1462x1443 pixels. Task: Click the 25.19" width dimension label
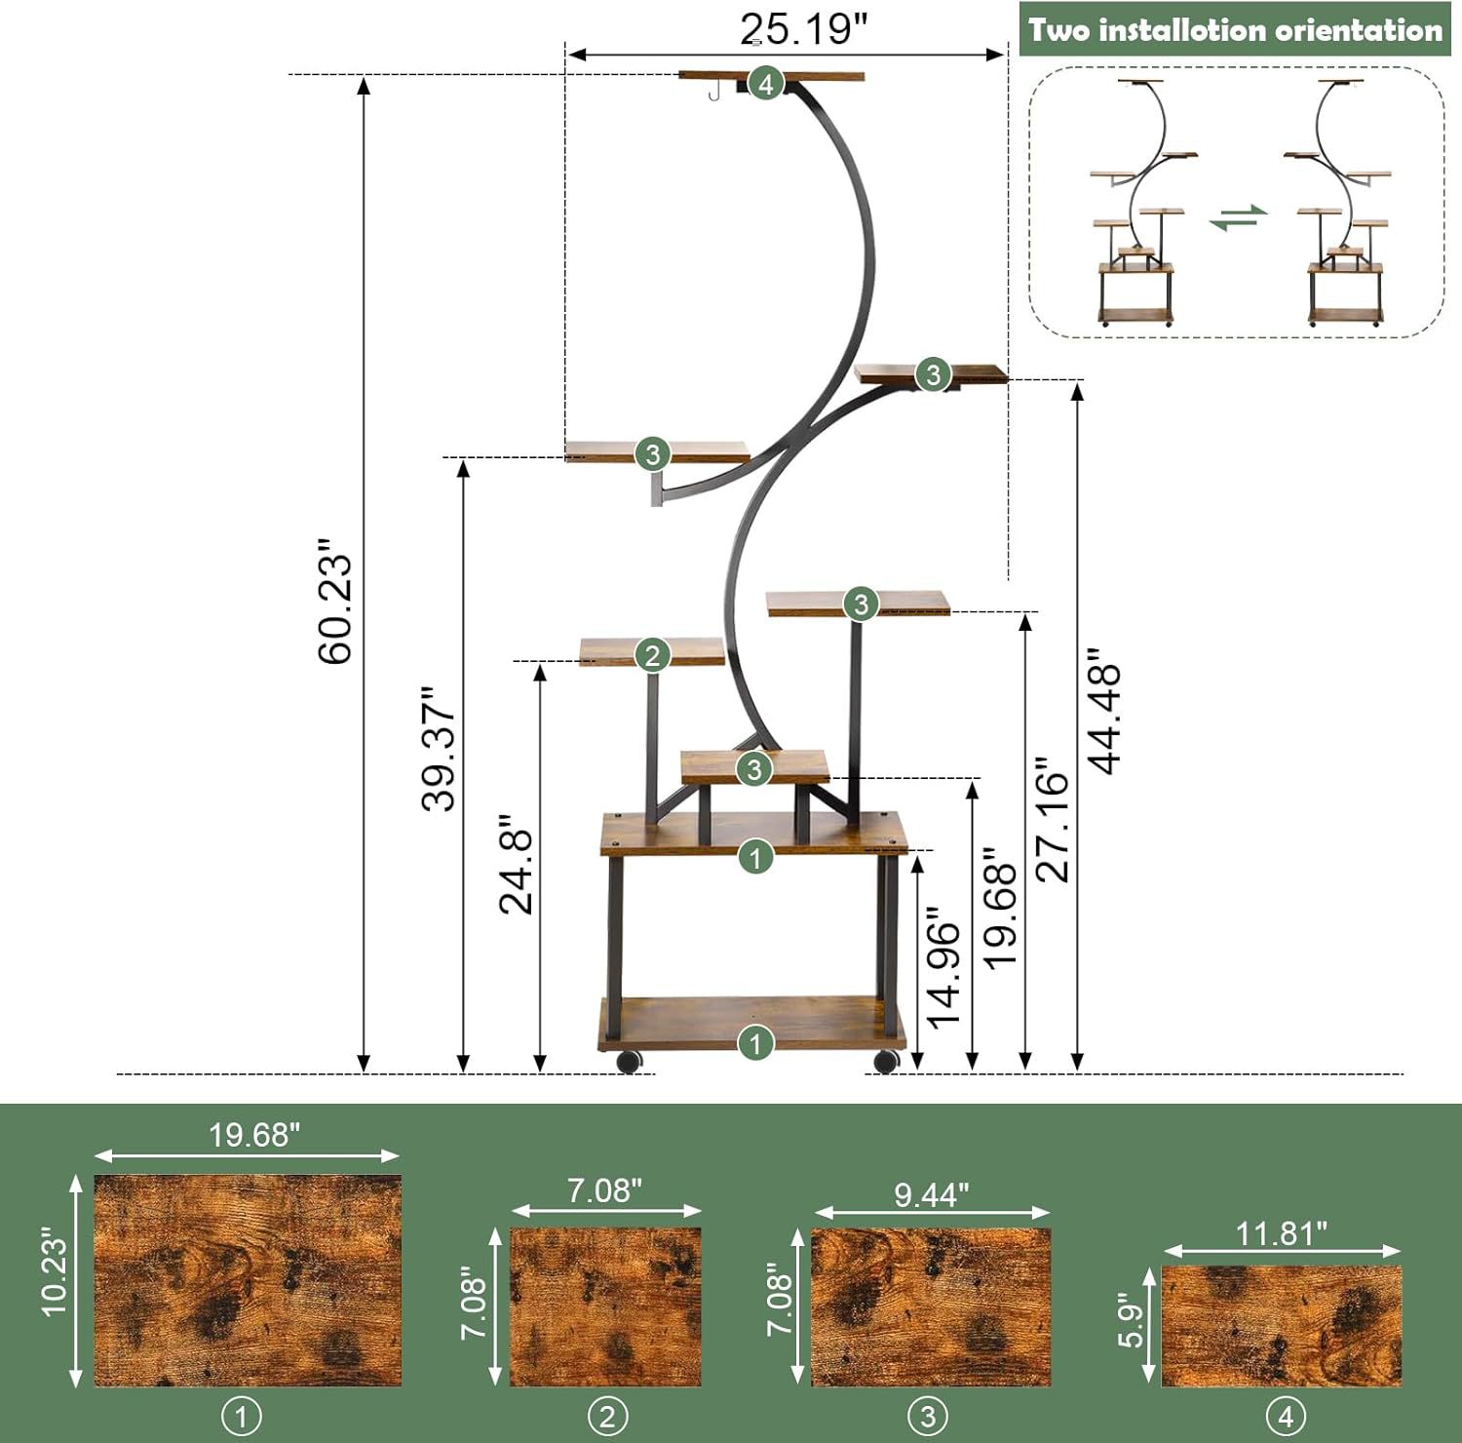(802, 29)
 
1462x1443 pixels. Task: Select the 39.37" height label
(439, 749)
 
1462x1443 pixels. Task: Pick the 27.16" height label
(1053, 819)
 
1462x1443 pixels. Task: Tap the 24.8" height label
(517, 864)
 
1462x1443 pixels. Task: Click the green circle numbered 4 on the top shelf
(766, 84)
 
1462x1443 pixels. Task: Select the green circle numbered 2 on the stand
(652, 654)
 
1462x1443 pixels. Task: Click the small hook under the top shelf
(714, 91)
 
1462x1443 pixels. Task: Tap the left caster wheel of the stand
(631, 1061)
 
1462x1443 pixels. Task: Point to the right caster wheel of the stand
(886, 1061)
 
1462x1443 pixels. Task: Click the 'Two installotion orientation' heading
(1235, 30)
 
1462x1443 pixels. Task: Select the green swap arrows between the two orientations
(1239, 217)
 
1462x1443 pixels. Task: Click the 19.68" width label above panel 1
(254, 1135)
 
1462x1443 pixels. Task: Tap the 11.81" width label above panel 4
(1281, 1233)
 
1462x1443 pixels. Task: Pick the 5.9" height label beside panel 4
(1130, 1321)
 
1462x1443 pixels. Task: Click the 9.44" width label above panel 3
(931, 1194)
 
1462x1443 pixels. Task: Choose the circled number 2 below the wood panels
(607, 1416)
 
